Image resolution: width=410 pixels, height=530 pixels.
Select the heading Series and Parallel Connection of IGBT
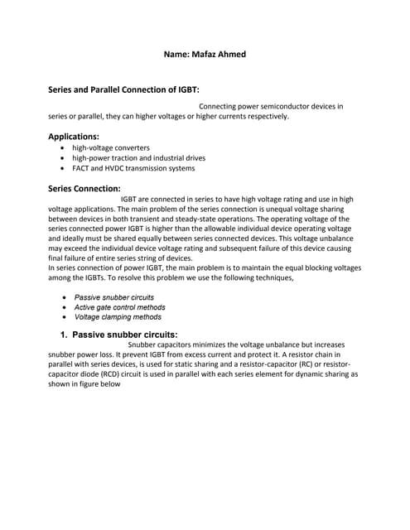pyautogui.click(x=123, y=89)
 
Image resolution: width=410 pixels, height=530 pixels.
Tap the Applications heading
pyautogui.click(x=74, y=136)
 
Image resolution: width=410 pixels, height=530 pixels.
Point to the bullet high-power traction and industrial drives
pyautogui.click(x=138, y=157)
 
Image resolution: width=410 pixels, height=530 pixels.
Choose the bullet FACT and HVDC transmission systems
pyautogui.click(x=133, y=168)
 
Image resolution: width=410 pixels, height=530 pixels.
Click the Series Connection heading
pyautogui.click(x=84, y=188)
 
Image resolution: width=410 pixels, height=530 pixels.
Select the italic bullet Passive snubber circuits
pyautogui.click(x=114, y=296)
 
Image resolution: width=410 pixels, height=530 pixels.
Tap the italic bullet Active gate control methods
pyautogui.click(x=119, y=306)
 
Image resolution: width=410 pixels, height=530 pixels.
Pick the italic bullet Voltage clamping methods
pyautogui.click(x=118, y=316)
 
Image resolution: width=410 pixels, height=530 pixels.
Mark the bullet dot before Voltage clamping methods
pyautogui.click(x=64, y=316)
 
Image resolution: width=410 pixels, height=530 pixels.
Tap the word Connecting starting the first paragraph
pyautogui.click(x=219, y=106)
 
